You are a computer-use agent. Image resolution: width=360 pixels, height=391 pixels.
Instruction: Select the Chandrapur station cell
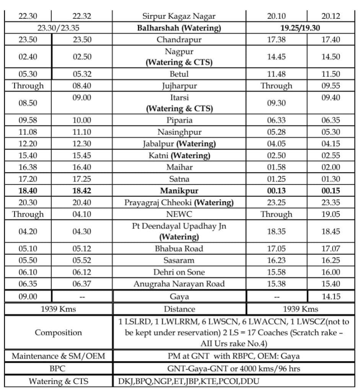(179, 39)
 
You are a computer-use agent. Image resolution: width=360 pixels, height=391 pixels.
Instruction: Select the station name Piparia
(179, 121)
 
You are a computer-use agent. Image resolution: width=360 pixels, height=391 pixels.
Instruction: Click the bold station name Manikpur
(179, 191)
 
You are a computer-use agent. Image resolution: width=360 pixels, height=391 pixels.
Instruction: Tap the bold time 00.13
(276, 191)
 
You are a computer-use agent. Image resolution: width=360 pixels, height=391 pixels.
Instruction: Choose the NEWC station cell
(179, 214)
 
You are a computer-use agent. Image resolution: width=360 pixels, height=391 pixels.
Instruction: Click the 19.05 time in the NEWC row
(330, 214)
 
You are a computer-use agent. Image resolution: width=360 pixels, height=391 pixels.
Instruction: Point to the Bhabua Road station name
(179, 249)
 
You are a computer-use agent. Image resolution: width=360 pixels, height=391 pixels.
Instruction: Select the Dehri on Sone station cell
(179, 272)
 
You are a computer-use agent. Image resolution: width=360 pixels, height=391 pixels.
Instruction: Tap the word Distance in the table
(179, 309)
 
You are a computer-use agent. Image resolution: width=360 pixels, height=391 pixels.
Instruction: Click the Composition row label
(58, 333)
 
